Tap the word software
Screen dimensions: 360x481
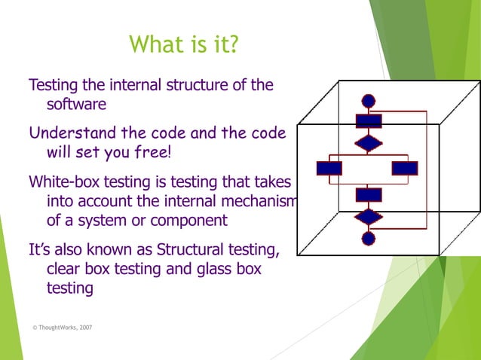[x=76, y=104]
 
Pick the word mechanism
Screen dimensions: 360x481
[x=262, y=202]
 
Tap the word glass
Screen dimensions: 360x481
[x=204, y=269]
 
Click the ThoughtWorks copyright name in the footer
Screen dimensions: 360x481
[x=54, y=328]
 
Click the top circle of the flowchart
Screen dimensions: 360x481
[x=369, y=100]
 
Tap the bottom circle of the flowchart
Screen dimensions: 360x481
[x=369, y=239]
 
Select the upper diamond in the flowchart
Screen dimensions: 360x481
[x=369, y=142]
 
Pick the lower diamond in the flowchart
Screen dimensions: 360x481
[x=369, y=217]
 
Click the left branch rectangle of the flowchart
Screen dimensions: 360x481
[x=329, y=168]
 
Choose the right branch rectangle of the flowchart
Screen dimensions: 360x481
[x=405, y=168]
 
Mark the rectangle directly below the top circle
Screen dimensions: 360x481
[x=369, y=121]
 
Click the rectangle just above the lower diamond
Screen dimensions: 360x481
[x=369, y=195]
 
